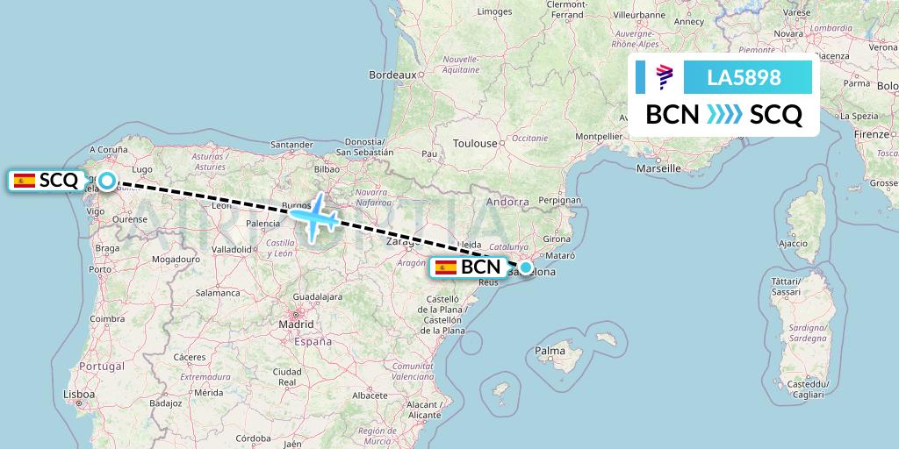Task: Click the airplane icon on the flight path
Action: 316,217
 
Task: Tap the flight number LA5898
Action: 744,77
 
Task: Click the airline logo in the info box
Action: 665,77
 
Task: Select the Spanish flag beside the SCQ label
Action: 25,181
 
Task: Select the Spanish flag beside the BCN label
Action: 446,267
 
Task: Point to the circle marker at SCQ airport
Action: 106,181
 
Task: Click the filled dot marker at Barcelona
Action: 525,267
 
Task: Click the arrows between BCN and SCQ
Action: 724,115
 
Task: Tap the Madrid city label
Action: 296,324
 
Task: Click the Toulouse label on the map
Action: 475,143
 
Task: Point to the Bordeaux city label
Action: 392,75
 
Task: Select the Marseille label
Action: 658,167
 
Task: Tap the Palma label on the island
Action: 550,352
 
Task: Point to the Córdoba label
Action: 253,438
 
